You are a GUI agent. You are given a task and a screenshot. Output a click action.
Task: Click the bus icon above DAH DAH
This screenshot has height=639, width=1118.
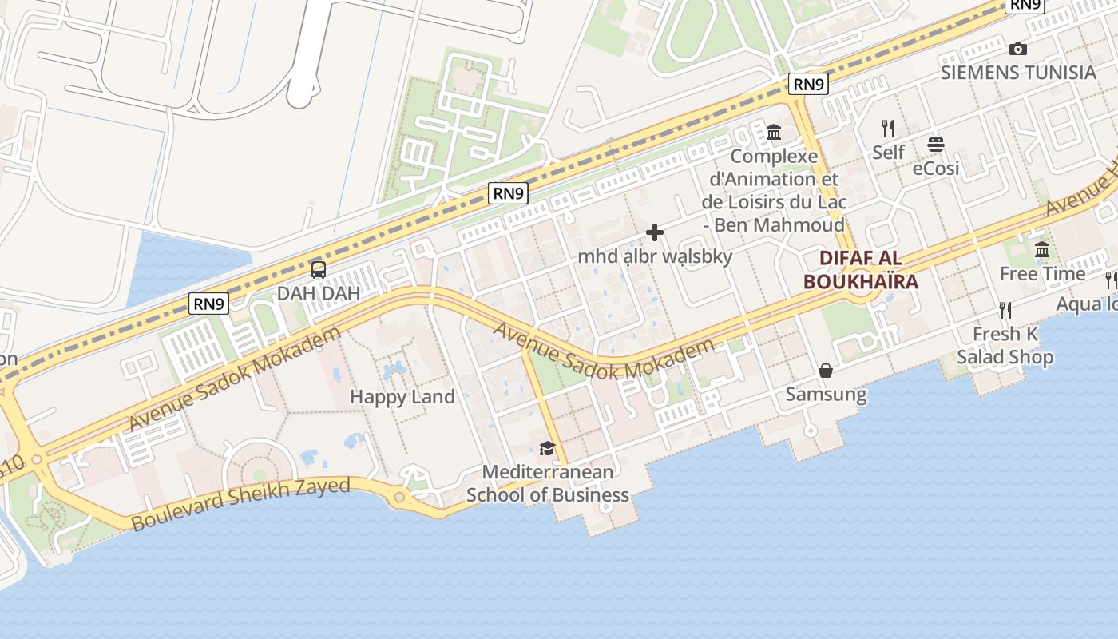click(x=319, y=270)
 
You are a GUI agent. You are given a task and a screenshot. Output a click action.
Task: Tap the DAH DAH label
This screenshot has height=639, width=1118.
click(x=319, y=293)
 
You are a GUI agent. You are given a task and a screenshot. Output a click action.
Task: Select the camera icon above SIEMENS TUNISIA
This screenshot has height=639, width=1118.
click(x=1017, y=49)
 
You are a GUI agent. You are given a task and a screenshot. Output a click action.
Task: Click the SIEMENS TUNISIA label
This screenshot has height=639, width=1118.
click(x=1018, y=72)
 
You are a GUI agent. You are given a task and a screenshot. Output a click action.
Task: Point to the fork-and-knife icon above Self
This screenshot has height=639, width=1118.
click(x=887, y=128)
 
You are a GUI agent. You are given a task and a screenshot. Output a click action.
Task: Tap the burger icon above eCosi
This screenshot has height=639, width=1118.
click(x=936, y=145)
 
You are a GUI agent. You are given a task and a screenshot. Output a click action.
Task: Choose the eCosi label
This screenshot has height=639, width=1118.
click(x=936, y=169)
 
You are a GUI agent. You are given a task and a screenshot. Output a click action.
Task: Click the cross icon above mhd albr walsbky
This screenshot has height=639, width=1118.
click(x=655, y=232)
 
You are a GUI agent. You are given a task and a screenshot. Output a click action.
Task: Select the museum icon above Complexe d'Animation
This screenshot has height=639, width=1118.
click(x=774, y=132)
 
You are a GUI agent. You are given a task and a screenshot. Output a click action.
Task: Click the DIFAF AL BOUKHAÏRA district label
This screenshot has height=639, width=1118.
click(x=861, y=270)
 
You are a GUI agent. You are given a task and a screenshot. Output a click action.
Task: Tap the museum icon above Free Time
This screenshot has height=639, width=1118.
click(x=1042, y=250)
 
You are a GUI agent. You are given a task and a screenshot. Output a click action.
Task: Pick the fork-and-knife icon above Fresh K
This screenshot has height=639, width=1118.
click(x=1005, y=310)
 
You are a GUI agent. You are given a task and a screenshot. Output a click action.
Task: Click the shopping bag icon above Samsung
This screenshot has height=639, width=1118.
click(x=826, y=371)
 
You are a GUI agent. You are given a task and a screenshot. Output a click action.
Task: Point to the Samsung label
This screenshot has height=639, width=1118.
click(x=826, y=394)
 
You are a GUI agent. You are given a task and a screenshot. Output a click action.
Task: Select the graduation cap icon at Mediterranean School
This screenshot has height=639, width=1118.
click(x=547, y=448)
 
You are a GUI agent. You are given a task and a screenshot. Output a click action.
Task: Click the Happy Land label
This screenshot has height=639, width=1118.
click(x=402, y=396)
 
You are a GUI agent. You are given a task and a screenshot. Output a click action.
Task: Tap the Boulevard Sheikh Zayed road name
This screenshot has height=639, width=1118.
click(x=240, y=505)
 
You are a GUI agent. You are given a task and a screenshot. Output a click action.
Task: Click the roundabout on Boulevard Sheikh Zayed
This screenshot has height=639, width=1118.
click(x=399, y=498)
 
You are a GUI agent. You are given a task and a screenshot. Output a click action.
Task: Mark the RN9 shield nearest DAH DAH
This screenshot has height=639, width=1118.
click(x=209, y=304)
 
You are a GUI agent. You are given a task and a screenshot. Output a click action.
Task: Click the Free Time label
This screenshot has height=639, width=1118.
click(x=1042, y=274)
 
